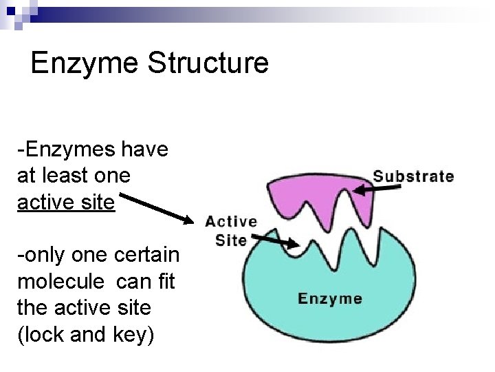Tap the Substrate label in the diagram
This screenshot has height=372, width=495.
click(413, 176)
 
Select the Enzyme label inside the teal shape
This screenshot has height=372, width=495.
click(329, 298)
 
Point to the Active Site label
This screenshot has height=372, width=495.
click(231, 231)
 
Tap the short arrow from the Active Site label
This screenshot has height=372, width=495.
click(275, 241)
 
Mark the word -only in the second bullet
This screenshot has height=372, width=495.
click(41, 256)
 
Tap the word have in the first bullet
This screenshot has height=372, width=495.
click(146, 149)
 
